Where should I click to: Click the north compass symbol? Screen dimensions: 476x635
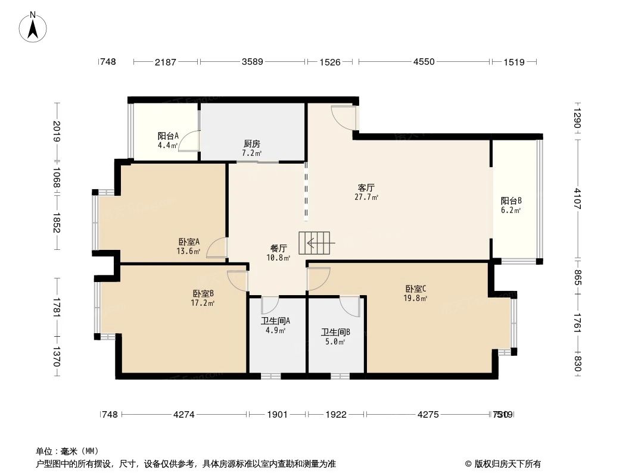pyautogui.click(x=33, y=27)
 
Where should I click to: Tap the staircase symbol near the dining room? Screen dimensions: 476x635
pyautogui.click(x=316, y=243)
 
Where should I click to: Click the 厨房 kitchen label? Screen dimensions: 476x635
pyautogui.click(x=252, y=144)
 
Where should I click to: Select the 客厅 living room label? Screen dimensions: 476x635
pyautogui.click(x=366, y=187)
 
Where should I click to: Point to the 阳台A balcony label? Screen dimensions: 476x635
pyautogui.click(x=166, y=135)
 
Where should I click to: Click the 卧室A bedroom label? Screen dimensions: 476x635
pyautogui.click(x=189, y=242)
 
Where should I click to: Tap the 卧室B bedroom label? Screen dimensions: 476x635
pyautogui.click(x=203, y=293)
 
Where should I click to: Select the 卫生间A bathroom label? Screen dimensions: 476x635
pyautogui.click(x=275, y=321)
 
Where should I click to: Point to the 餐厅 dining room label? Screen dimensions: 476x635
pyautogui.click(x=278, y=248)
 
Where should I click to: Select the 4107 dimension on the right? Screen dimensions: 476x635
pyautogui.click(x=577, y=199)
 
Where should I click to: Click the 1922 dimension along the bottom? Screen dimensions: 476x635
pyautogui.click(x=336, y=415)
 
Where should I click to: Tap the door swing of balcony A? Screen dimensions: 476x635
pyautogui.click(x=189, y=141)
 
